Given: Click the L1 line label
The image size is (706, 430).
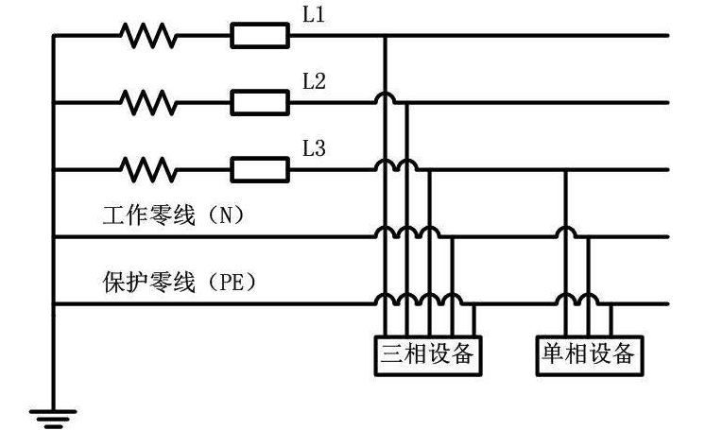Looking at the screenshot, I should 314,17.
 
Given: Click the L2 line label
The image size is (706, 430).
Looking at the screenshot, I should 314,82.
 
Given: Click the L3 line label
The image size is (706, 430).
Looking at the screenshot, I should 314,148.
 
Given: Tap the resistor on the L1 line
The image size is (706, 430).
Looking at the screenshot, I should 148,36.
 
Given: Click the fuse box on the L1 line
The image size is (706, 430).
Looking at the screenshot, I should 259,36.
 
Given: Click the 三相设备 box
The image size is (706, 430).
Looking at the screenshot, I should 425,354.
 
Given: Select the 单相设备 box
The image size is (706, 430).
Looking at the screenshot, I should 586,354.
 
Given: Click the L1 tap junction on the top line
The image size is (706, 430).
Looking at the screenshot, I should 385,36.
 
